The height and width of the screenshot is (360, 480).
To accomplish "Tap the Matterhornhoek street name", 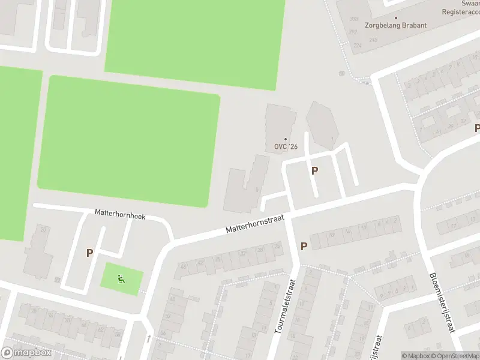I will coord(120,214).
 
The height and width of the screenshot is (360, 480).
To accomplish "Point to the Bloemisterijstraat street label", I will coord(442,302).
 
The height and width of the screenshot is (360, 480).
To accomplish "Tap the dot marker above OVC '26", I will coord(286,139).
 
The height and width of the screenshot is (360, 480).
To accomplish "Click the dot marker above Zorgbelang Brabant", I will coord(397,17).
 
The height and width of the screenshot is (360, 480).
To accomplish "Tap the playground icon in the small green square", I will coord(121,278).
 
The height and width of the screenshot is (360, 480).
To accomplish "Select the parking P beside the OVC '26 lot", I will coord(314,170).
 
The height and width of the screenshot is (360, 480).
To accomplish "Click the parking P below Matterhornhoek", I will coord(89,253).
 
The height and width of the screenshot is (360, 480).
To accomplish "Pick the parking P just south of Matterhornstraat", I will coord(304,246).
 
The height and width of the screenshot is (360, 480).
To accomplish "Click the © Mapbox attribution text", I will coord(415,356).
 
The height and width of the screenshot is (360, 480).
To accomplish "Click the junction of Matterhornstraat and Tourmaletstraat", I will coord(289,214).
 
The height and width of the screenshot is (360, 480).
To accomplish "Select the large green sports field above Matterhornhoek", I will coord(128,141).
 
